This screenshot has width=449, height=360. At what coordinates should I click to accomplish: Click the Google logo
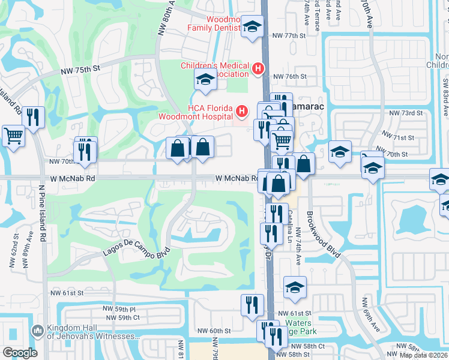click(19, 352)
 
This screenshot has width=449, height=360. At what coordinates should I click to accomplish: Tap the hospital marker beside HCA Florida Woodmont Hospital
click(242, 111)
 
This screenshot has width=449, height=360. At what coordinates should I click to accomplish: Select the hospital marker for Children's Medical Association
click(258, 69)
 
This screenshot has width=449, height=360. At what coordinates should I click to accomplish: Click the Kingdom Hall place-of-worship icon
click(38, 331)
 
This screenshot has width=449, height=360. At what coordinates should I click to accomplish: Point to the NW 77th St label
click(290, 36)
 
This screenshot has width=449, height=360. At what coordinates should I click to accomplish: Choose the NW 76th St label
click(290, 77)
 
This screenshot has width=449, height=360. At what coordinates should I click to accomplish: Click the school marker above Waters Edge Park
click(295, 287)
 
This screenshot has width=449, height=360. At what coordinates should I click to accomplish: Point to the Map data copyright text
click(424, 355)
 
